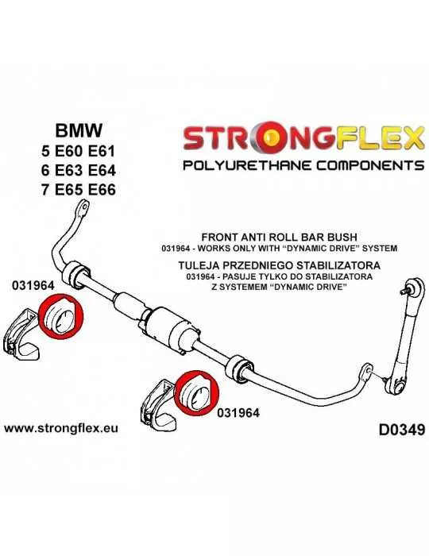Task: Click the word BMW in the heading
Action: [79, 130]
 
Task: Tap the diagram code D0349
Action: [401, 431]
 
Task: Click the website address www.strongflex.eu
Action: [61, 428]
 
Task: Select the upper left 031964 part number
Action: [33, 285]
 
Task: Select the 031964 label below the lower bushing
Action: [238, 412]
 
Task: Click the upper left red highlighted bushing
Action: [60, 317]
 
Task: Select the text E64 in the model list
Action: [101, 171]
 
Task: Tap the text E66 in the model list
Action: [101, 190]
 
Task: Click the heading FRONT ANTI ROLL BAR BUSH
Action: [279, 237]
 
